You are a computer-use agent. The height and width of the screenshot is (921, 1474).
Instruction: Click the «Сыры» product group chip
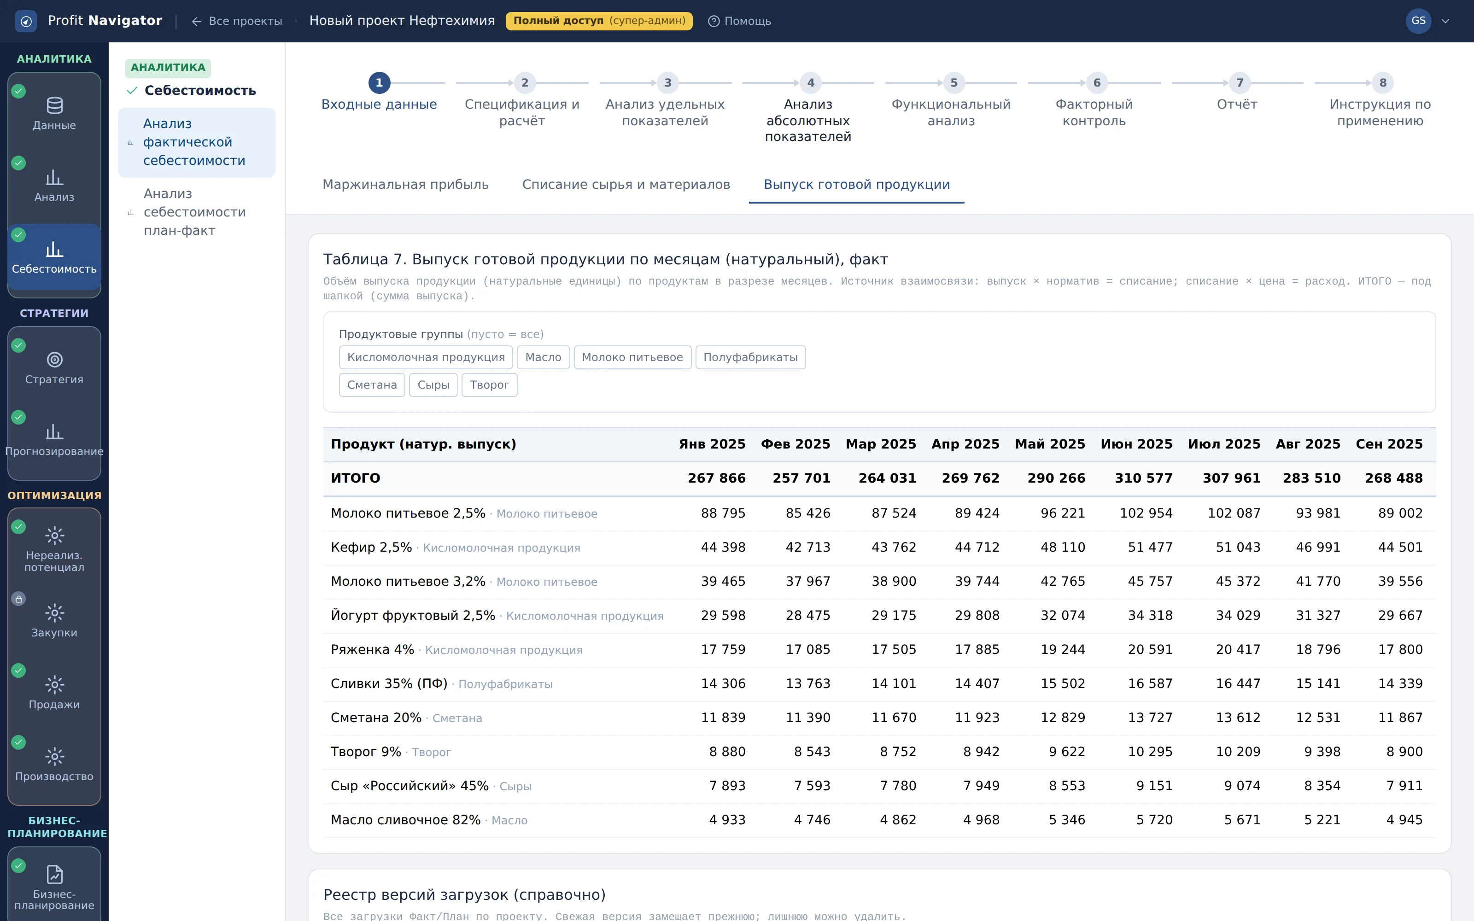click(x=433, y=385)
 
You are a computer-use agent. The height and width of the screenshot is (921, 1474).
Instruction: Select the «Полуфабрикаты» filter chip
click(x=750, y=357)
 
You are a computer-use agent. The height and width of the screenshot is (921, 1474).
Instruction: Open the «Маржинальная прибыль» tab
click(x=406, y=185)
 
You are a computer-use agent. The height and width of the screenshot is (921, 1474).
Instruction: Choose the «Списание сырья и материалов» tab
click(x=626, y=185)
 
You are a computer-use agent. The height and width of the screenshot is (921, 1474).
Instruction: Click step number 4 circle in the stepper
click(x=811, y=83)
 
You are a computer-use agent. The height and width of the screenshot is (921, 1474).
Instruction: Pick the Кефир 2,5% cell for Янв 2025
click(x=723, y=548)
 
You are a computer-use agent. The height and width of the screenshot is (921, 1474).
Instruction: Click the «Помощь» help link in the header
click(x=739, y=21)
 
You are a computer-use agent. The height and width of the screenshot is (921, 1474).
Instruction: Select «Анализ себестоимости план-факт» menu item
click(x=194, y=212)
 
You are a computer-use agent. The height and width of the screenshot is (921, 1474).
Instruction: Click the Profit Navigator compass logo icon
click(x=26, y=21)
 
